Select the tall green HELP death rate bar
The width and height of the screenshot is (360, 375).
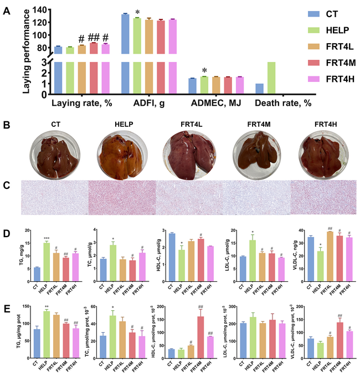click(x=271, y=78)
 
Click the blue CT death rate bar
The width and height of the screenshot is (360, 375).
click(x=259, y=88)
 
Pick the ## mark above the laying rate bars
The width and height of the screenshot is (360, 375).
click(x=93, y=38)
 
